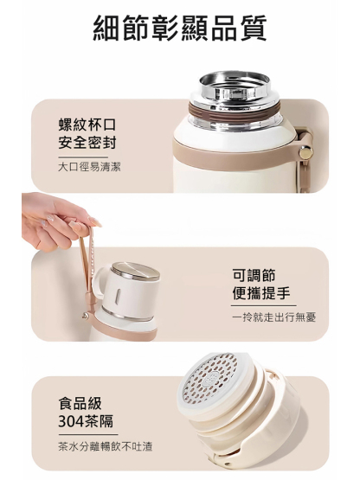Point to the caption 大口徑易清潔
coord(89,166)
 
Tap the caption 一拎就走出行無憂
coord(273,317)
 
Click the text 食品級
coord(80,404)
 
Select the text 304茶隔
coord(88,423)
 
